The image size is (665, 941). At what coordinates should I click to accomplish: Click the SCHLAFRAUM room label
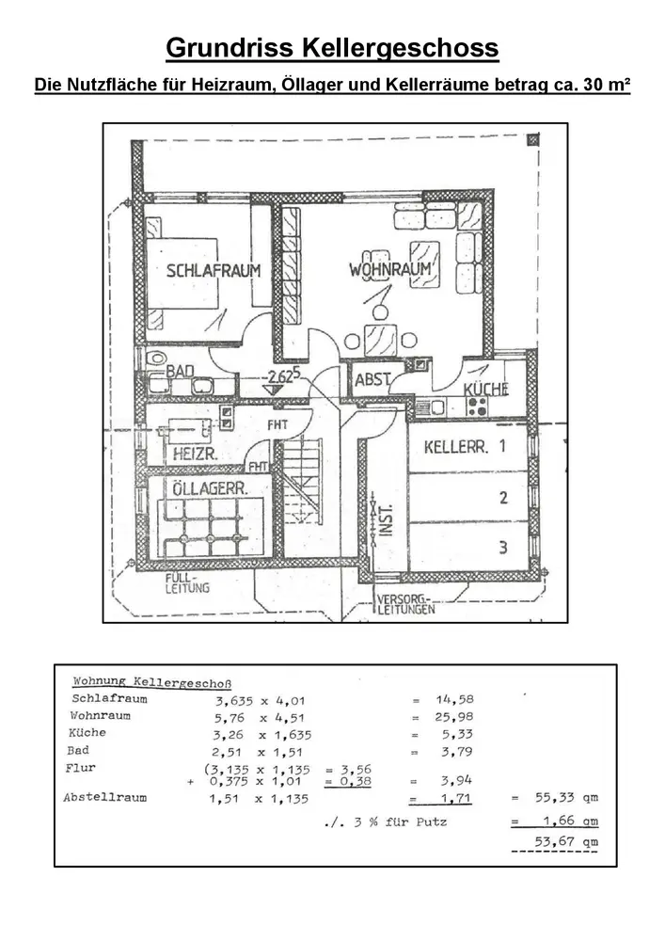point(214,271)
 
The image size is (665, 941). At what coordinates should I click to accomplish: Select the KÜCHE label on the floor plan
point(485,389)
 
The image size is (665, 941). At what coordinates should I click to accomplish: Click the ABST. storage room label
point(372,383)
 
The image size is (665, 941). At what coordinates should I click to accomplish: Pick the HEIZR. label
point(196,453)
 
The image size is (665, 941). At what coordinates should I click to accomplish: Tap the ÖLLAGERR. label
point(210,488)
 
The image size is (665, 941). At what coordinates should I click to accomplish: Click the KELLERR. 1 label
point(465,447)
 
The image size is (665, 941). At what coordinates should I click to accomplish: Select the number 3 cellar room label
point(504,547)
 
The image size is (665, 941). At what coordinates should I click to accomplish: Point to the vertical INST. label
point(384,517)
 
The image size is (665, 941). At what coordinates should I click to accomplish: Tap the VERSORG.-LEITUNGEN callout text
point(404,604)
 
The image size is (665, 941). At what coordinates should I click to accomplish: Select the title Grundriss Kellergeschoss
point(332,48)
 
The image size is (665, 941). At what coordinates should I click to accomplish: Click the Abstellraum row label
point(105,798)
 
